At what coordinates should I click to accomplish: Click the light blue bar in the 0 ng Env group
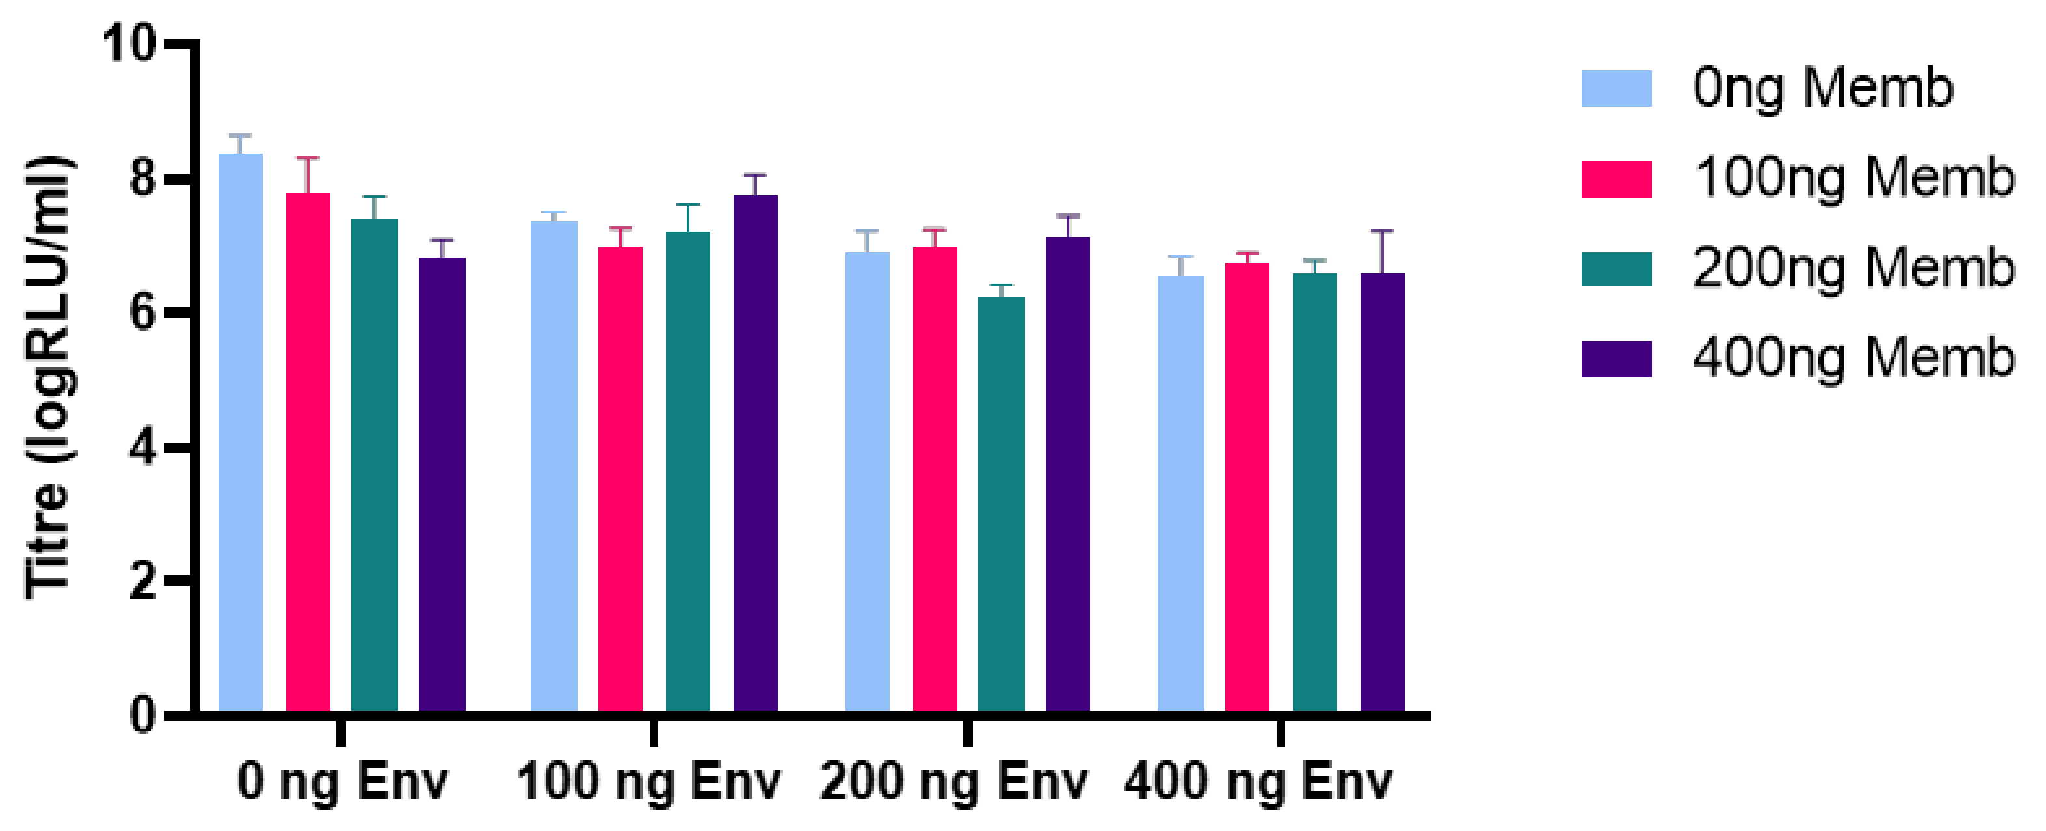[x=241, y=433]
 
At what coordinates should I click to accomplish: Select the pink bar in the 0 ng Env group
[x=308, y=453]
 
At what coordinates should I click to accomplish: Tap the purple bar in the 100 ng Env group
[x=754, y=453]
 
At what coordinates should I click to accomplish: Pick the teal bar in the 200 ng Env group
[x=1001, y=504]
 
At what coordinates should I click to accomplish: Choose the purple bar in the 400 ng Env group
[x=1382, y=493]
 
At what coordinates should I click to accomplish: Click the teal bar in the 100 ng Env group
[x=688, y=472]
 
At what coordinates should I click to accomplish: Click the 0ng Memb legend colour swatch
[x=1616, y=89]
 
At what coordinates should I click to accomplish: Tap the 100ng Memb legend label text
[x=1853, y=178]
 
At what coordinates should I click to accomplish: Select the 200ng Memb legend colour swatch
[x=1616, y=269]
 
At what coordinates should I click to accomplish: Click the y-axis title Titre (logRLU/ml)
[x=49, y=377]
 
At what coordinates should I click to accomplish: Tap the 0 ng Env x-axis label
[x=342, y=783]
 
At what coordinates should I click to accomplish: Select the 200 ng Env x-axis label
[x=953, y=783]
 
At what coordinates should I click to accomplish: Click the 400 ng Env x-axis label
[x=1257, y=783]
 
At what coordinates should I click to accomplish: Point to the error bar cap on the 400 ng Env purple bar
[x=1382, y=231]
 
